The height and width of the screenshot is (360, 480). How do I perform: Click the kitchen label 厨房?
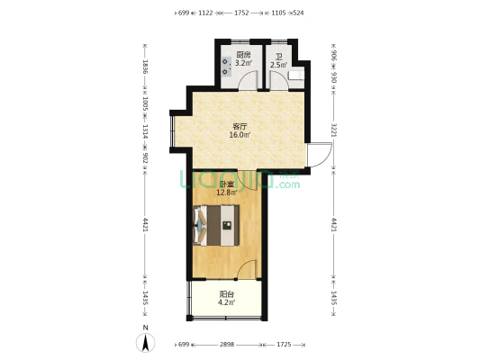click(243, 56)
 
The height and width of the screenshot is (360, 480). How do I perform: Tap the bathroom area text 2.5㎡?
click(278, 65)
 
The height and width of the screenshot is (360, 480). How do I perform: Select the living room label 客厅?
click(240, 126)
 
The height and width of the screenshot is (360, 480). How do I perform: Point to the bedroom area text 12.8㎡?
click(227, 193)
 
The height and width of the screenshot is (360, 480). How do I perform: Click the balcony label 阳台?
click(227, 294)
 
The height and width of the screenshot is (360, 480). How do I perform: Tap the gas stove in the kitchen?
click(226, 67)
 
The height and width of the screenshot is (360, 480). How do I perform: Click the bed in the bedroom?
click(216, 225)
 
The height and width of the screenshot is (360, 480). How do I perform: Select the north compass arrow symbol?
click(145, 343)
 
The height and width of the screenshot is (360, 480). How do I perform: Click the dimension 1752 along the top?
click(241, 13)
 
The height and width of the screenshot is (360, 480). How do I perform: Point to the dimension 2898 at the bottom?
click(227, 345)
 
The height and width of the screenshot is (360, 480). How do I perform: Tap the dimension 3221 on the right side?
click(334, 130)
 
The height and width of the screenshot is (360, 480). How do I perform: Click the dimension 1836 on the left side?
click(145, 67)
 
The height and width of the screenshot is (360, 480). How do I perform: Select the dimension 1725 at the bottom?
click(284, 345)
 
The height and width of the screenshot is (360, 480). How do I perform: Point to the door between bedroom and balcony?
click(247, 269)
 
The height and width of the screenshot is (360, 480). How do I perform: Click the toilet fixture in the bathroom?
click(296, 76)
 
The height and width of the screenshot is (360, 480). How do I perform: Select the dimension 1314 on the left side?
click(145, 132)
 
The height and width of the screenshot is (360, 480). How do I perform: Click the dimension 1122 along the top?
click(205, 13)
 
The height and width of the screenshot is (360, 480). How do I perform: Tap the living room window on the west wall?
click(172, 131)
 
